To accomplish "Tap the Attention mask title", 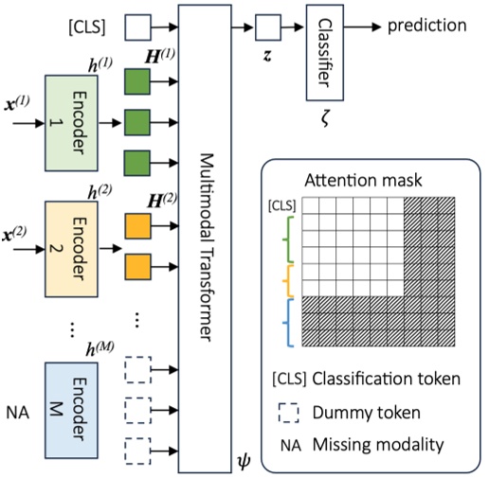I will coord(364,180).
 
